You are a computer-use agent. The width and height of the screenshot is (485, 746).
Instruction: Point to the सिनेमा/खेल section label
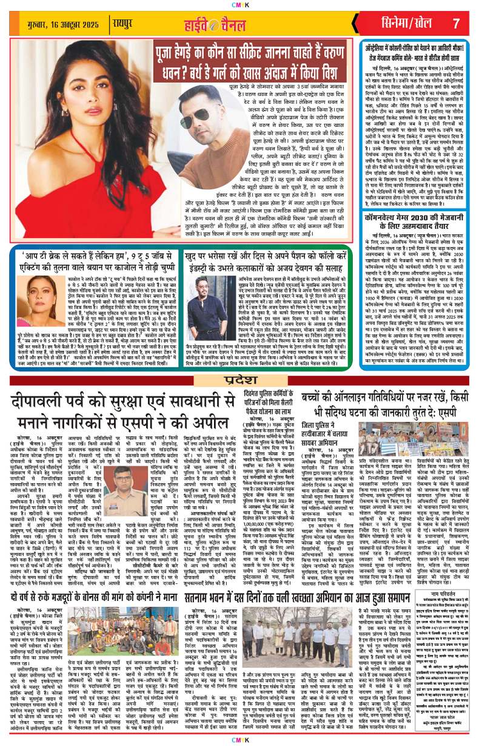tap(402, 24)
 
